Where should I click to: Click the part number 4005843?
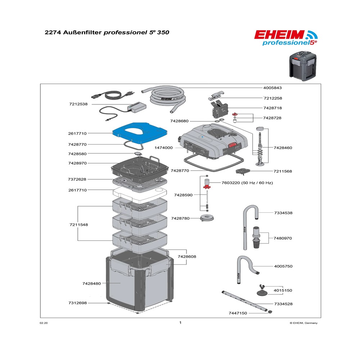tap(283, 88)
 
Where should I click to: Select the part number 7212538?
tap(78, 104)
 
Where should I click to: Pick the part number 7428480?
tap(91, 284)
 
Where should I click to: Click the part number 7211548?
tap(78, 225)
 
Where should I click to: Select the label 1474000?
tap(164, 148)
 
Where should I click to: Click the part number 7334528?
tap(283, 304)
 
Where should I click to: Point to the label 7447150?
tap(238, 313)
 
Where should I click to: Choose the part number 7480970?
tap(283, 238)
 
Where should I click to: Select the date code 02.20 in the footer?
tap(43, 323)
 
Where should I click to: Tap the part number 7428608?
tap(186, 256)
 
